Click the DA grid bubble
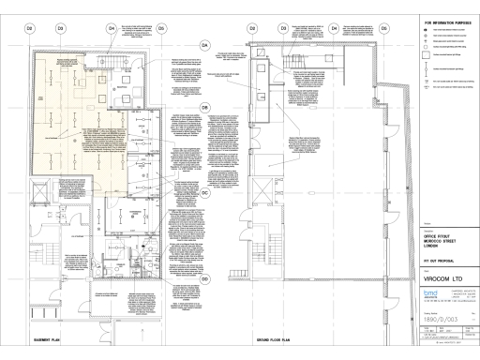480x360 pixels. coord(204,45)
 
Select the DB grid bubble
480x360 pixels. coord(204,107)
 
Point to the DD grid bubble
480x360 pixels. coord(204,279)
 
